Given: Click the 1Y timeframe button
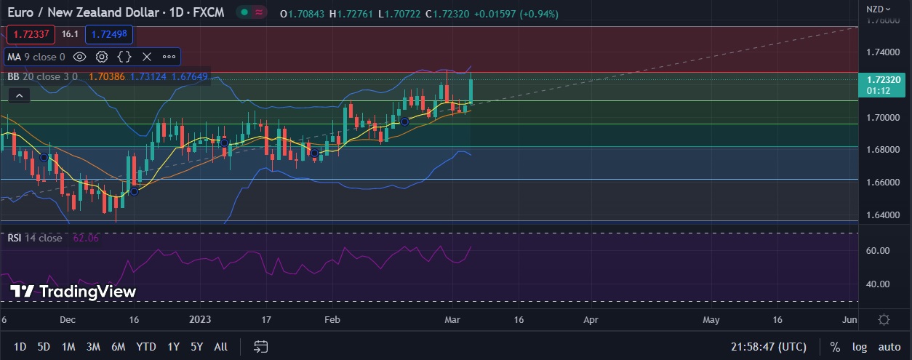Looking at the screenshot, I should pos(173,347).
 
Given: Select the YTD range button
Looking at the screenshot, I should pos(145,347).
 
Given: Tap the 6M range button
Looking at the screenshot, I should pos(118,347).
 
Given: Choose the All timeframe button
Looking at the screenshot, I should pos(221,347).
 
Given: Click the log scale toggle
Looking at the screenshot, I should pos(860,347).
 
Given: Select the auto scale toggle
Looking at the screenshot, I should pos(889,347).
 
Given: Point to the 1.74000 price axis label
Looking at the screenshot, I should pos(881,52).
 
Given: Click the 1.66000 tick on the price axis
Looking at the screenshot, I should pos(881,182).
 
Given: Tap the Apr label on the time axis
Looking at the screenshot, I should pos(591,319).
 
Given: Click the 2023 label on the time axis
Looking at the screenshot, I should pos(200,319).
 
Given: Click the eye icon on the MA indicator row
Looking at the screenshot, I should pos(80,57).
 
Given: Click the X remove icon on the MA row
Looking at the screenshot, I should pos(147,57).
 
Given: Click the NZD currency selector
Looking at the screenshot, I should pos(877,9).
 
